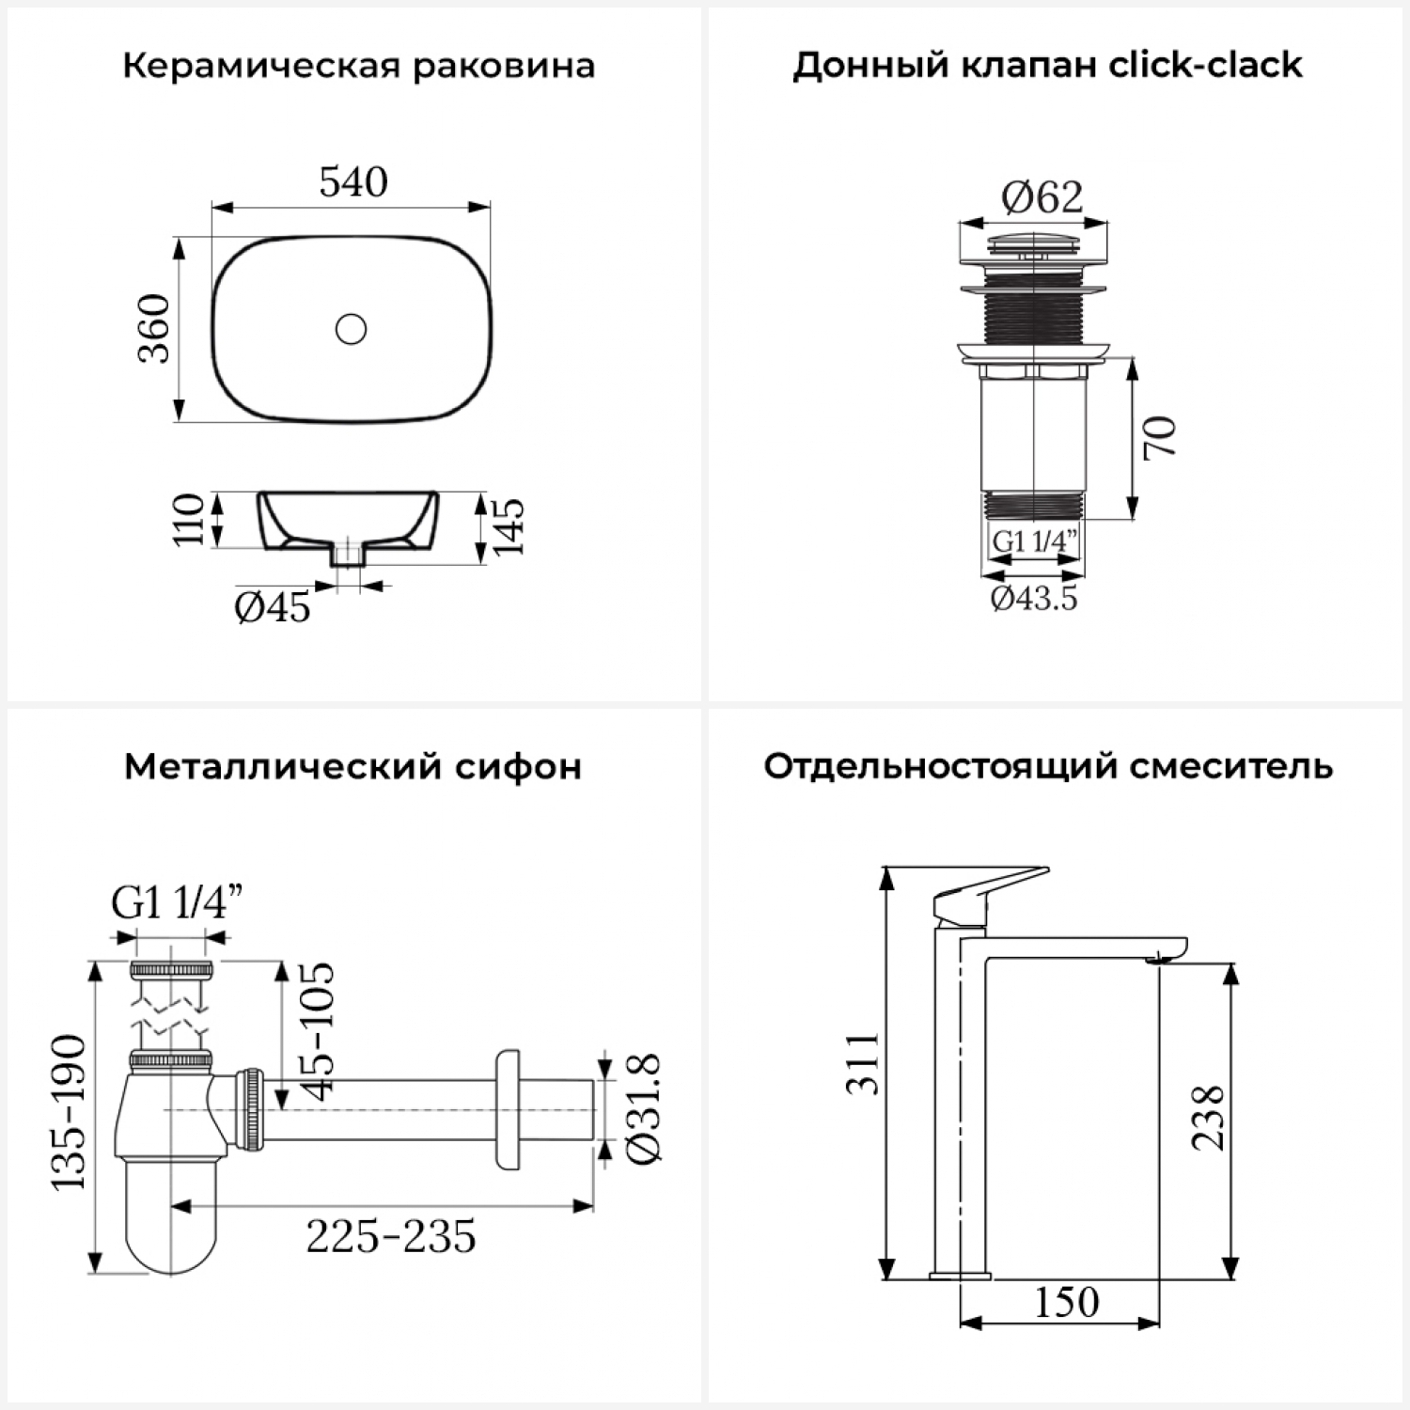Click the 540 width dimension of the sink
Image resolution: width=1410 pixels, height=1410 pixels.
point(353,182)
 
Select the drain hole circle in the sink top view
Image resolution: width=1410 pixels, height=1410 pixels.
point(351,329)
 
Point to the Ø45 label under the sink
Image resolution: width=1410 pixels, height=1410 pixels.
point(273,608)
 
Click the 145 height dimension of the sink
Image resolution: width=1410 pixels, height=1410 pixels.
point(509,526)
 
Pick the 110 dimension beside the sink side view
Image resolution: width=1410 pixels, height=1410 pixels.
point(189,519)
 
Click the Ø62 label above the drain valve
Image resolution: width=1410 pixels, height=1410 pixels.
point(1042,197)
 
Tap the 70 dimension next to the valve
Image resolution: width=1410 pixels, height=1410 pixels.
point(1160,437)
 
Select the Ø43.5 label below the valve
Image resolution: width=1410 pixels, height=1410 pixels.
point(1034,598)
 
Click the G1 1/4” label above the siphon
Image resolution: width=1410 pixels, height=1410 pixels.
point(178,904)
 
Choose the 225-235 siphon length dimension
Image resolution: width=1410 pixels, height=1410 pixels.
point(391,1237)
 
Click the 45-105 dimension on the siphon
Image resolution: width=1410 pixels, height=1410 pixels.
point(317,1030)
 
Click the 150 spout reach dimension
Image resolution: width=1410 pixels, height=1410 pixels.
point(1067,1303)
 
